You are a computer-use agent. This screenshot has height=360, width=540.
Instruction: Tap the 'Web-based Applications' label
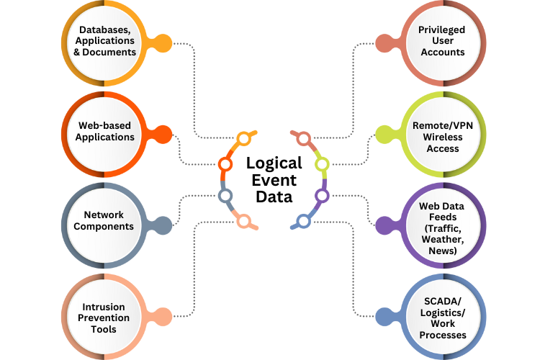(105, 132)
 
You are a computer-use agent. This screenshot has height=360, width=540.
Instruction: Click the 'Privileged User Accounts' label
(441, 41)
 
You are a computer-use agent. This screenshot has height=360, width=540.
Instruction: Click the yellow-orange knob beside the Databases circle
(164, 43)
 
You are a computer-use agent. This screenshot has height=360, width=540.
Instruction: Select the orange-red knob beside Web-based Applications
(163, 134)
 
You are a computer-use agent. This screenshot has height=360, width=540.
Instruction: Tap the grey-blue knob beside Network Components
(163, 225)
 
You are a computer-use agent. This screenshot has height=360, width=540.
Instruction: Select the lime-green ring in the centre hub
(322, 165)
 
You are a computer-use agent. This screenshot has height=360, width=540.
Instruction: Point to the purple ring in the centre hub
(322, 194)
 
